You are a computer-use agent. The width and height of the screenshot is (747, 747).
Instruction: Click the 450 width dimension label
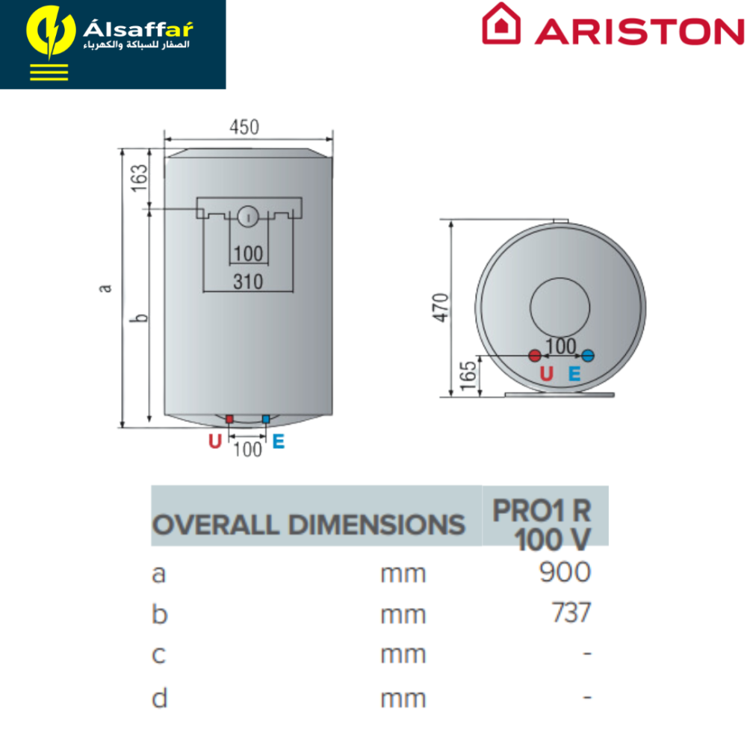[244, 127]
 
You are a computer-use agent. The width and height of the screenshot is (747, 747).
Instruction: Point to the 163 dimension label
[140, 179]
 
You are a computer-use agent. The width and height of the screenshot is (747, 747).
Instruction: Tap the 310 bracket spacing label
[248, 282]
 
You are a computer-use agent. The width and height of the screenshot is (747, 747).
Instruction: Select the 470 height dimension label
[441, 308]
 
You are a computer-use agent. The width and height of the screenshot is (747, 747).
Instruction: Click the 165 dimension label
[469, 376]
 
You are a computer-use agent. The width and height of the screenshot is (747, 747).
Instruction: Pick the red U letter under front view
[215, 441]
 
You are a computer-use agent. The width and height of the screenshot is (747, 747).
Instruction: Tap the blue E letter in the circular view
[574, 373]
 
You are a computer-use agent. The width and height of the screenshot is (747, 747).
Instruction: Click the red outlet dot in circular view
[535, 356]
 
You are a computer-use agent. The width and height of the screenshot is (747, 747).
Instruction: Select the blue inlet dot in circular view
[588, 356]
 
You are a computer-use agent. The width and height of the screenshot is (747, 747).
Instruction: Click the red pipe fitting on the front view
[229, 419]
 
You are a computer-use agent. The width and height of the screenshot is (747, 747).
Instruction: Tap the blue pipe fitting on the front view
[266, 419]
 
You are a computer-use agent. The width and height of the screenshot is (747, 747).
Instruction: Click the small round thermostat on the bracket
[248, 217]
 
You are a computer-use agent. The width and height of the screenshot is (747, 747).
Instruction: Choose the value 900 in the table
[565, 572]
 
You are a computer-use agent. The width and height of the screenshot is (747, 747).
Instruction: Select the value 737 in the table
[571, 613]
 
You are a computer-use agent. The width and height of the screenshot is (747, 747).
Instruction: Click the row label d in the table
[160, 698]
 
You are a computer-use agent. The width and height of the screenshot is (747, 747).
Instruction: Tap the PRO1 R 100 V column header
[542, 525]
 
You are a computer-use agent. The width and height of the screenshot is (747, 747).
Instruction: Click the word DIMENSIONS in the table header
[376, 525]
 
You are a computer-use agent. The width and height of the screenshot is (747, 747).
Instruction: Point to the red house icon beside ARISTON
[500, 24]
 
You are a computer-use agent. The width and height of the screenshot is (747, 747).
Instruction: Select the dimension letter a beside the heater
[105, 288]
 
